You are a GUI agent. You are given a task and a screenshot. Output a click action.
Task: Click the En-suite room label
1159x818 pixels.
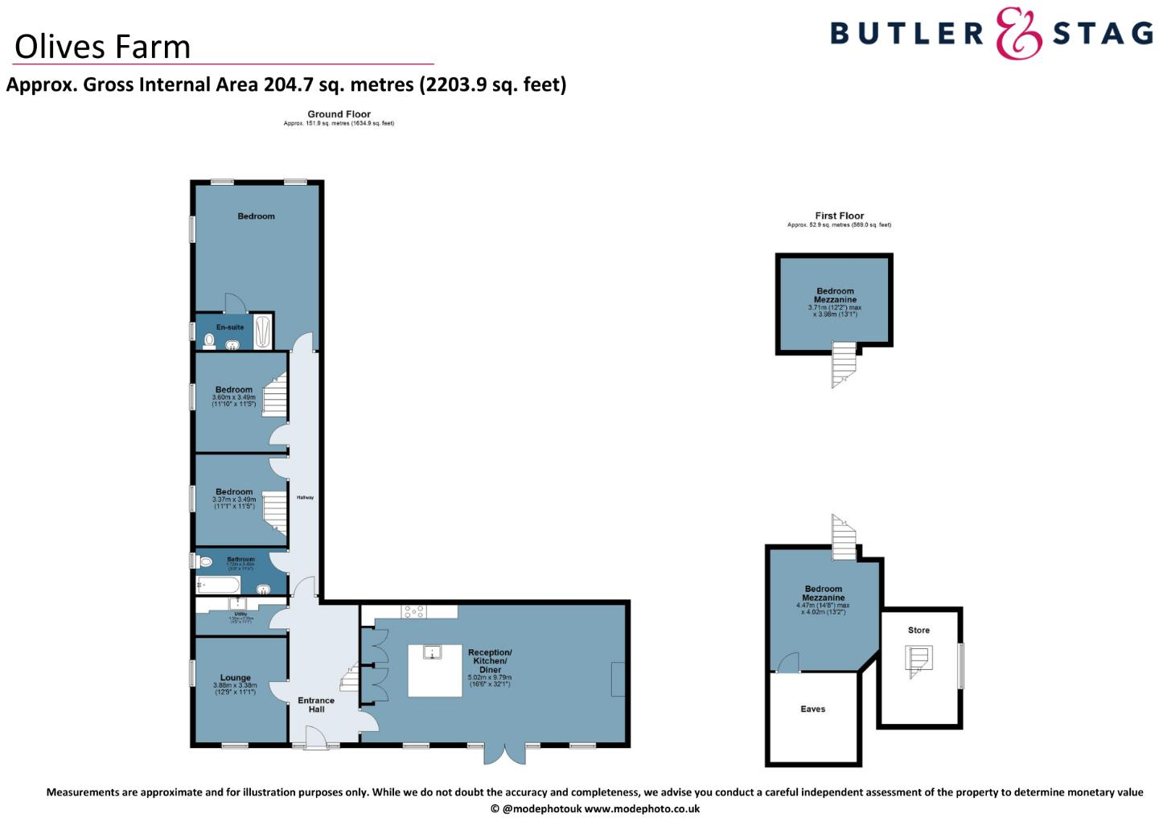(230, 327)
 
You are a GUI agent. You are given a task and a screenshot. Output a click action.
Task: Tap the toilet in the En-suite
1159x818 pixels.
(209, 341)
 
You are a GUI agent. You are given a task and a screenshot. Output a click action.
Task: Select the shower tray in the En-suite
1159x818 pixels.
(263, 332)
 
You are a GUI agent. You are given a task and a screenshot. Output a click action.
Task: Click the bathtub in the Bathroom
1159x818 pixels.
(218, 585)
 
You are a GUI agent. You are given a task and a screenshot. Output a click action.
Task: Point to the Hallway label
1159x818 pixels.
(305, 498)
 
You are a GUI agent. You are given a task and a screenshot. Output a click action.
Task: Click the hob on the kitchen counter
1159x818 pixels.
(413, 611)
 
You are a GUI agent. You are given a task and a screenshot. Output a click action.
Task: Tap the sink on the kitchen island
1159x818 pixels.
(433, 652)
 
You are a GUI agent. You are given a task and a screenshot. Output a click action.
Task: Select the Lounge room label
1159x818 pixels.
(236, 678)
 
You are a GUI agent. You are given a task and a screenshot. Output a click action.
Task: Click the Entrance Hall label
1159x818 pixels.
(316, 705)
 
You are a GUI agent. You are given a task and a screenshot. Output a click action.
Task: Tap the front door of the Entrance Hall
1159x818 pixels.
(316, 738)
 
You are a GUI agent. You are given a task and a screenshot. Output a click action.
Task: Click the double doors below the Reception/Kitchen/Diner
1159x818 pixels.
(504, 754)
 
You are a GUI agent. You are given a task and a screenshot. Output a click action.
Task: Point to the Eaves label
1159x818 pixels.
(813, 709)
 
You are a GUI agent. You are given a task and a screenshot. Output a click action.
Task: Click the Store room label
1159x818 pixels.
(919, 631)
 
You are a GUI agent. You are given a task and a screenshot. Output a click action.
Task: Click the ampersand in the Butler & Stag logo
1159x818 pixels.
(1018, 34)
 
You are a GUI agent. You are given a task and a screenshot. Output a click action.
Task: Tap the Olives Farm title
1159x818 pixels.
(103, 47)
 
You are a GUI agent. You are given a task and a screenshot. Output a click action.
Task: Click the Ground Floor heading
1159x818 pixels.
(339, 114)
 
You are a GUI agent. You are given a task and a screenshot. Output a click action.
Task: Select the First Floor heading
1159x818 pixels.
(839, 216)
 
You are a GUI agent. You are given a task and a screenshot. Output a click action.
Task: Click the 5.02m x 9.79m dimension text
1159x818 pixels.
(490, 677)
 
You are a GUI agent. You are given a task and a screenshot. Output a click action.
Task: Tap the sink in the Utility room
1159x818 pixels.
(237, 603)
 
